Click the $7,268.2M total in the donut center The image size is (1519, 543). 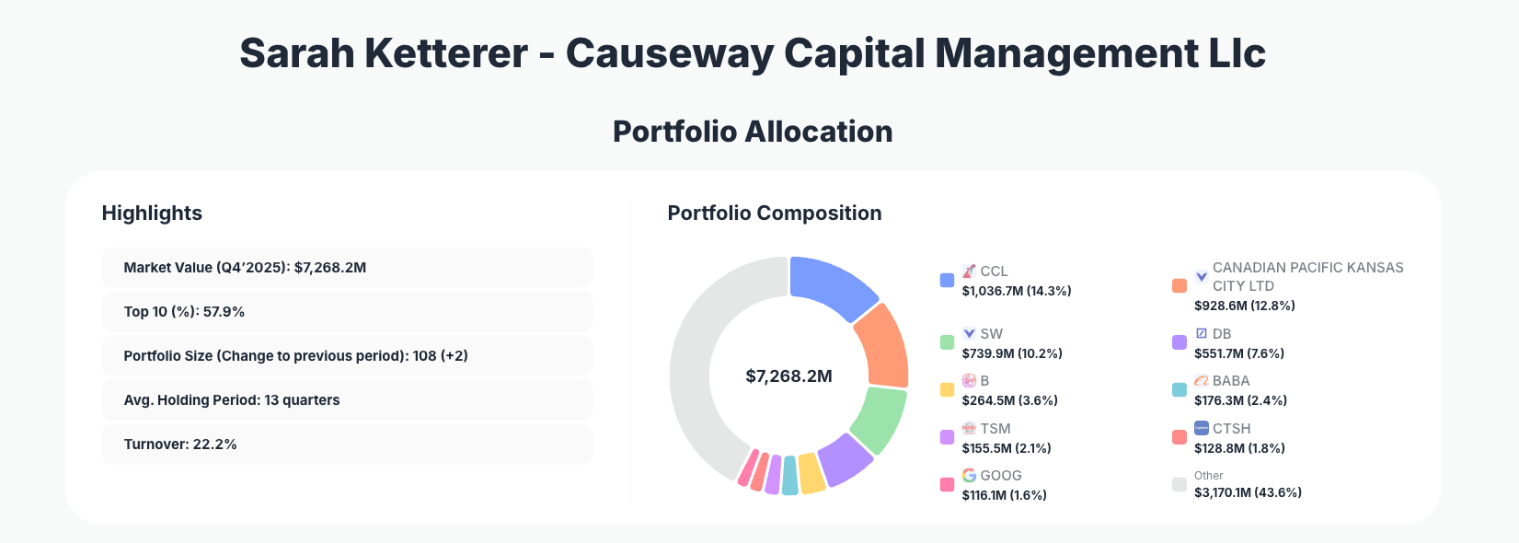point(788,376)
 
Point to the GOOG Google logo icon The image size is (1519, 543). point(969,475)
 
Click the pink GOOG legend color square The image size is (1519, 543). point(947,484)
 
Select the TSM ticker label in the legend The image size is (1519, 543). point(995,429)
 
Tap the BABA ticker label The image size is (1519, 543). point(1231,381)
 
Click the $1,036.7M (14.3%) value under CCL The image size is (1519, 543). point(1017,291)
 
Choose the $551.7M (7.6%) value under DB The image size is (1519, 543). point(1239,353)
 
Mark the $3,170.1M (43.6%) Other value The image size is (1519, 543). point(1248,492)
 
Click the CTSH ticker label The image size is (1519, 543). point(1231,429)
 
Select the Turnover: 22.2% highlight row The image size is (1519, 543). point(347,445)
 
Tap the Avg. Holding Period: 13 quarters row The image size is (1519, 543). point(347,400)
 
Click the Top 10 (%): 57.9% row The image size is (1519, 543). point(347,312)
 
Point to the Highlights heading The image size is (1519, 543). point(152,214)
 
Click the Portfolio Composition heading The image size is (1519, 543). point(774,214)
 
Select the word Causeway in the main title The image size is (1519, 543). point(669,53)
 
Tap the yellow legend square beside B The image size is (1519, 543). point(947,389)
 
